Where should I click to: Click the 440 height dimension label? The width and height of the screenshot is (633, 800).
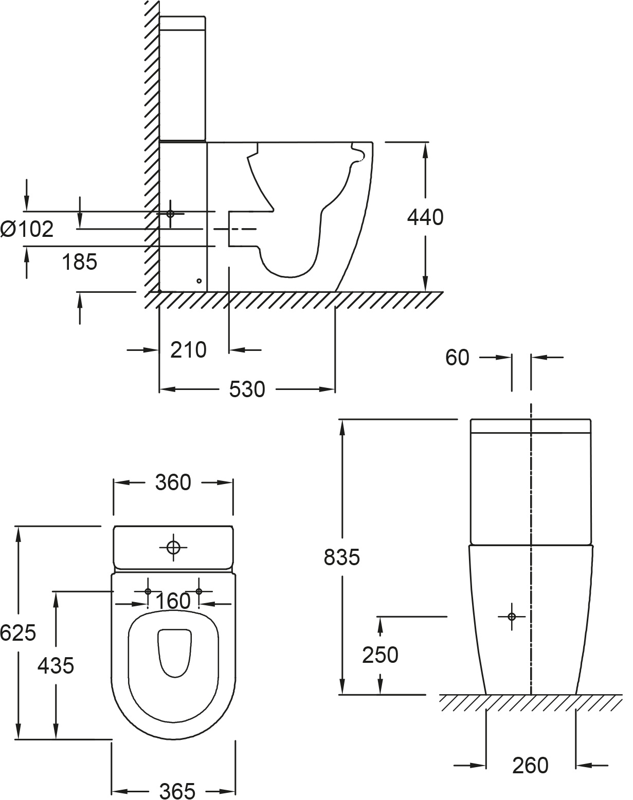[x=425, y=218]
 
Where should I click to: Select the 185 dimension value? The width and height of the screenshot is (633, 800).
[x=79, y=262]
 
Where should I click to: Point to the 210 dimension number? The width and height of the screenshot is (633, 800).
[x=188, y=350]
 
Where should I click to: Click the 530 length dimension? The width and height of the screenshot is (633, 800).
[x=247, y=389]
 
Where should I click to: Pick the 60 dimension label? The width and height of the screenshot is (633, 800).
[x=457, y=358]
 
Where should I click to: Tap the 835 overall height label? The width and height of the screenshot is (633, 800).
[x=341, y=557]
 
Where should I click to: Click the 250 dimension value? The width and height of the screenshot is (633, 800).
[x=380, y=655]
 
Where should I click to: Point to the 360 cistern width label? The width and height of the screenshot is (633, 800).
[x=173, y=482]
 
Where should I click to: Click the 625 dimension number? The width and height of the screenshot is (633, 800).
[x=18, y=633]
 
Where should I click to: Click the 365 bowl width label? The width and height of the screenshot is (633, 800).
[x=177, y=791]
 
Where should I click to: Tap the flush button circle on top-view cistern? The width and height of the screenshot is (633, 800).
[x=173, y=548]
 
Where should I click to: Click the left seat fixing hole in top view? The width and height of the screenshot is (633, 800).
[x=148, y=591]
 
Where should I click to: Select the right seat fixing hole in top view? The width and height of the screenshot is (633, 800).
[x=199, y=591]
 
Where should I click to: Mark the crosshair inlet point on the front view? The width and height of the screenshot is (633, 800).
[x=511, y=617]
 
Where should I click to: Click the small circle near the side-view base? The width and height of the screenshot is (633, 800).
[x=200, y=281]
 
